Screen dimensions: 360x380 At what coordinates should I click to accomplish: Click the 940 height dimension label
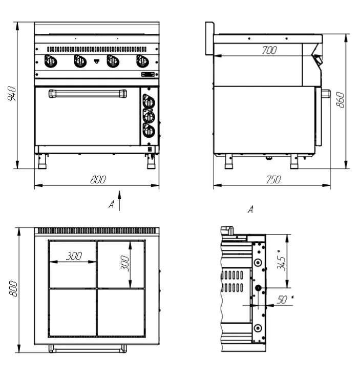tap(12, 93)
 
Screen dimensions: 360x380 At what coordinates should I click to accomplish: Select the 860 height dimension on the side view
tap(340, 99)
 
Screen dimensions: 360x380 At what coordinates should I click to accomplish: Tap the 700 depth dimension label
tap(269, 50)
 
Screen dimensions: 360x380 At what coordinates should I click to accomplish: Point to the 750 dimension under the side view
tap(273, 180)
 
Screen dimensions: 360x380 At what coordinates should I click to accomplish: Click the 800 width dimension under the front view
tap(98, 180)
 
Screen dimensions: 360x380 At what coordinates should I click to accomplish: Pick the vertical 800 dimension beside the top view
tap(13, 289)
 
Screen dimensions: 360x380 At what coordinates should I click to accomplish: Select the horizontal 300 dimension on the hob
tap(74, 256)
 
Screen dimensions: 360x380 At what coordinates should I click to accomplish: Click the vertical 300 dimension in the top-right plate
tap(125, 263)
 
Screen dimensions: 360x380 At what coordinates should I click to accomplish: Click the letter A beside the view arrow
tap(111, 204)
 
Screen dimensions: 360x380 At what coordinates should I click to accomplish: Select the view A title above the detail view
tap(250, 209)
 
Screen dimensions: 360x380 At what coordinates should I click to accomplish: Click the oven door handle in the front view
tap(88, 94)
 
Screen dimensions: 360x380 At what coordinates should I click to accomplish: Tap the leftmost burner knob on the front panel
tap(50, 61)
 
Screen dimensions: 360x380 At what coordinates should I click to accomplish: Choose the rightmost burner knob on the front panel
tap(142, 61)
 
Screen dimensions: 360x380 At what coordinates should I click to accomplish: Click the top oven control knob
tap(149, 101)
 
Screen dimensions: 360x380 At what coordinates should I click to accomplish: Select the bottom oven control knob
tap(149, 131)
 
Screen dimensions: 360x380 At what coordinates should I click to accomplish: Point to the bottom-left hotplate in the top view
tap(73, 312)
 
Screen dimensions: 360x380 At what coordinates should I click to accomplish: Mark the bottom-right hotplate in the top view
tap(121, 312)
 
